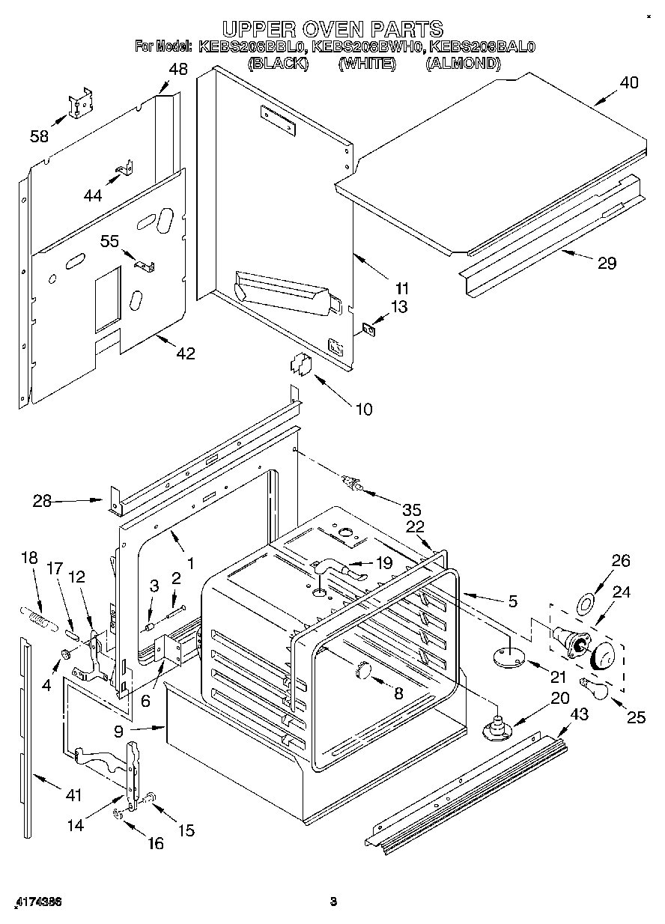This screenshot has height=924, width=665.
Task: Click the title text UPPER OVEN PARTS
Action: pyautogui.click(x=332, y=28)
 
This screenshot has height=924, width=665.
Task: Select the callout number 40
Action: pyautogui.click(x=629, y=83)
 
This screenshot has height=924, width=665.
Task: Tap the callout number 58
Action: pyautogui.click(x=39, y=136)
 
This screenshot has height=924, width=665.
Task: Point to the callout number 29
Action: pyautogui.click(x=607, y=263)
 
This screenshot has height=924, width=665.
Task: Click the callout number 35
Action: pyautogui.click(x=411, y=510)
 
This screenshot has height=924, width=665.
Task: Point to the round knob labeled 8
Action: pyautogui.click(x=364, y=669)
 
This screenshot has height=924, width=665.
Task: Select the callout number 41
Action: pyautogui.click(x=73, y=796)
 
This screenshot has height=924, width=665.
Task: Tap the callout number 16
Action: pyautogui.click(x=155, y=843)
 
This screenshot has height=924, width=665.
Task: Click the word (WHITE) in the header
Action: pyautogui.click(x=366, y=64)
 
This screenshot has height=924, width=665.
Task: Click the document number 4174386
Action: pyautogui.click(x=37, y=902)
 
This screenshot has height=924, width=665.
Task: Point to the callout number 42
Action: pyautogui.click(x=185, y=353)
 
